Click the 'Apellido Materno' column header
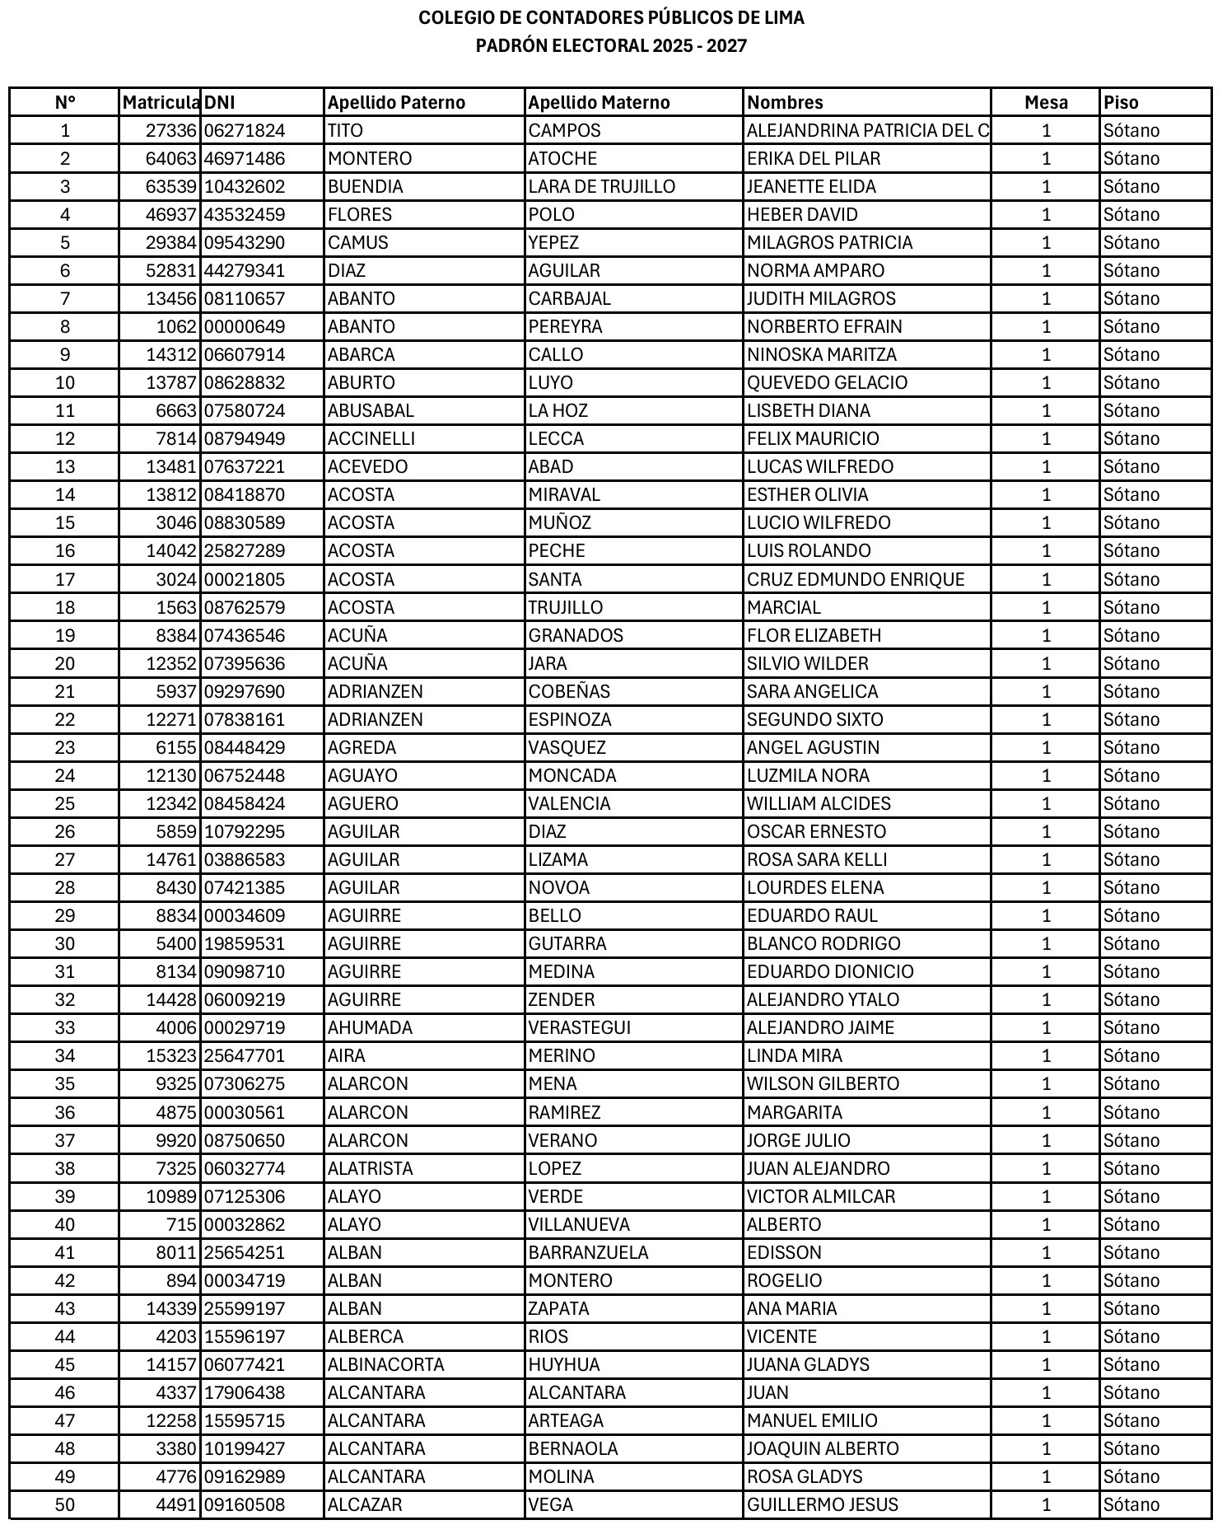[x=599, y=103]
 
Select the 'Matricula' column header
[x=161, y=103]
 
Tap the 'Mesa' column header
[x=1046, y=103]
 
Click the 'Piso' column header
[x=1121, y=103]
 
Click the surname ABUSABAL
[x=371, y=410]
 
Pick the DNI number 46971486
[x=245, y=158]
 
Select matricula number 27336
[x=171, y=130]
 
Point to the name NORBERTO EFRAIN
[x=824, y=326]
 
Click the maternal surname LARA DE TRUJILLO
[x=601, y=186]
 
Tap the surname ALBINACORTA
[x=385, y=1364]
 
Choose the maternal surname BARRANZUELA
[x=588, y=1252]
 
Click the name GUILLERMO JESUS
[x=822, y=1504]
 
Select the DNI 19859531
[x=245, y=943]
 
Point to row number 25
[x=64, y=803]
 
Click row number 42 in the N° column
[x=64, y=1280]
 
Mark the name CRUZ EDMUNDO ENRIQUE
[x=855, y=579]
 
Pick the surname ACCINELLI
[x=371, y=438]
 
